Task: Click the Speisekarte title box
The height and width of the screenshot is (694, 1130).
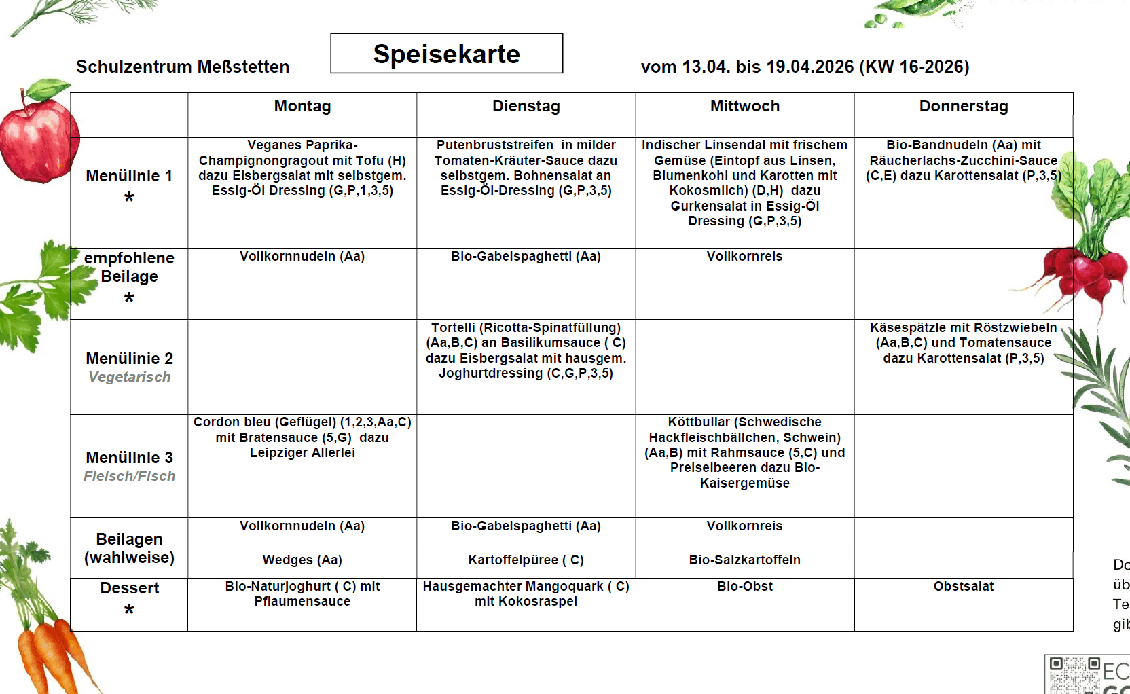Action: tap(446, 54)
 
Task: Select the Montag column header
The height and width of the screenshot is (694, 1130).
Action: tap(302, 107)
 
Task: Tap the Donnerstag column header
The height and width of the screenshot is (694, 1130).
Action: tap(963, 107)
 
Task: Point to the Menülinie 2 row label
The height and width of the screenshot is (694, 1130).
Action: tap(129, 359)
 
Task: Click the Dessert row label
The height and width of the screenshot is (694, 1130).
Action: tap(129, 589)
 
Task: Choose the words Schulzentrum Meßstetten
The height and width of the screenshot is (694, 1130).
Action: tap(182, 67)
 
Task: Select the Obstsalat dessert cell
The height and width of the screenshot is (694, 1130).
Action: tap(963, 587)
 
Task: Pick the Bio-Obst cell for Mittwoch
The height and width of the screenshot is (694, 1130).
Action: tap(744, 587)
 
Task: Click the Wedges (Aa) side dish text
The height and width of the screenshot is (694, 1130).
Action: tap(302, 560)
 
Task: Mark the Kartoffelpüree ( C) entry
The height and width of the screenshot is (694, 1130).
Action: tap(526, 560)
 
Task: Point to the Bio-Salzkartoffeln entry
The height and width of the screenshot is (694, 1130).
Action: tap(744, 560)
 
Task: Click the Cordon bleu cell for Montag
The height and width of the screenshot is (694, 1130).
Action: tap(302, 437)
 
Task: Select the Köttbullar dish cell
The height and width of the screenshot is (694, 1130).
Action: tap(744, 452)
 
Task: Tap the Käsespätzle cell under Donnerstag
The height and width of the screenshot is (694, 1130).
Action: tap(963, 343)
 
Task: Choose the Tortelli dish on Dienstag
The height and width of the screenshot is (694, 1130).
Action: tap(526, 350)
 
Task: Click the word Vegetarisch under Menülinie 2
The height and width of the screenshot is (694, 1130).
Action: tap(129, 378)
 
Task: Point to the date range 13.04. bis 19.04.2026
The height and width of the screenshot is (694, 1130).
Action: tap(767, 67)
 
